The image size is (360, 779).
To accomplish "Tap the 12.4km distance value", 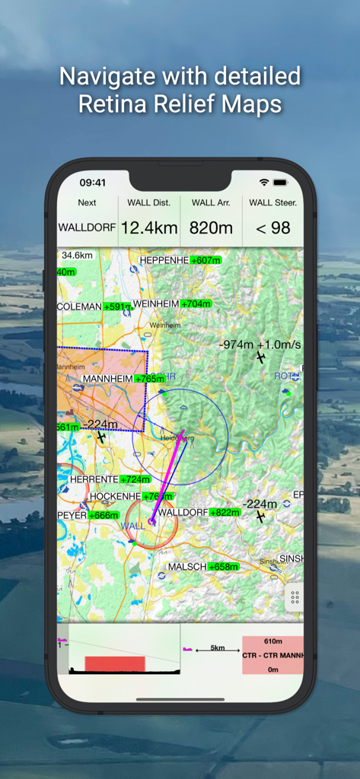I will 149,228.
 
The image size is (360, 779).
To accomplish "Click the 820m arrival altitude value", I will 212,228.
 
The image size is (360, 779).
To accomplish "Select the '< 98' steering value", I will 272,228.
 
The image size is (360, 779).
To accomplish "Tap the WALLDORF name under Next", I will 88,227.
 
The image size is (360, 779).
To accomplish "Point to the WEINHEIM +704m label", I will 171,304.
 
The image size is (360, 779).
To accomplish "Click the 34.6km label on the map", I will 76,256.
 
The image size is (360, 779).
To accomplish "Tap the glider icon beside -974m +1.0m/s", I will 261,358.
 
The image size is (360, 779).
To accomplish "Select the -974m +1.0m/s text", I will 260,345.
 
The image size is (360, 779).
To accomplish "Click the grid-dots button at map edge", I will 295,598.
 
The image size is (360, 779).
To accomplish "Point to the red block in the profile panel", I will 114,663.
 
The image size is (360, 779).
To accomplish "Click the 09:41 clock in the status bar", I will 93,183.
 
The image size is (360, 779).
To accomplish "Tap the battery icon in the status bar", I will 280,183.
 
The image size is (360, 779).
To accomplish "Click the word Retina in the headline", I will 116,103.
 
